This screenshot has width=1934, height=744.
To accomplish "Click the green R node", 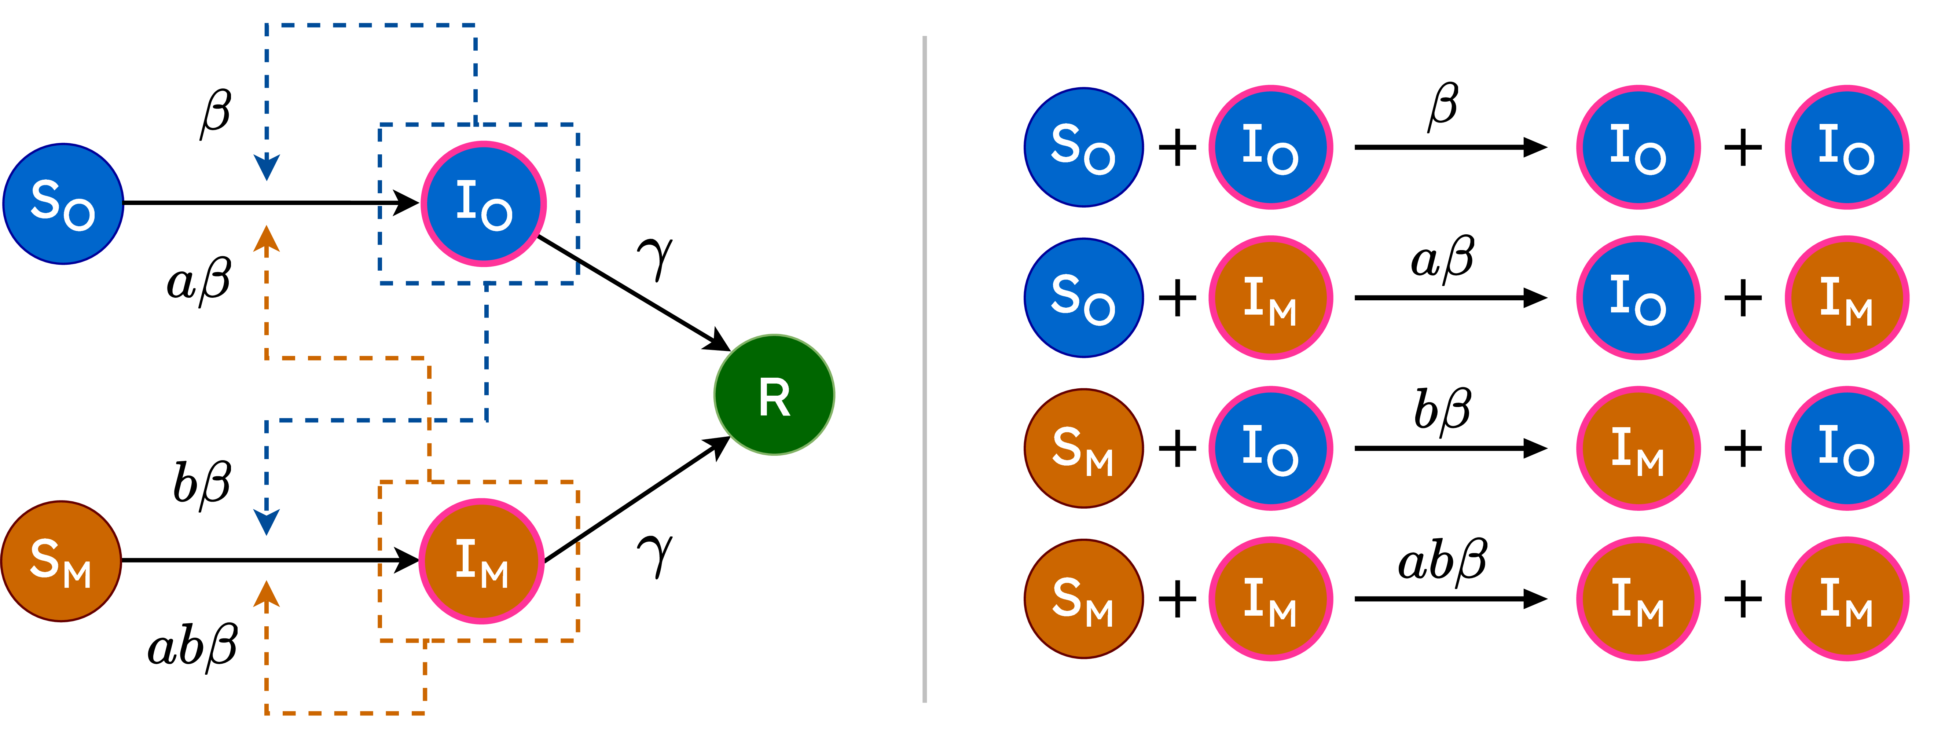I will [774, 395].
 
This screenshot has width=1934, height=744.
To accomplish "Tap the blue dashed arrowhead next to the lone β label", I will [267, 167].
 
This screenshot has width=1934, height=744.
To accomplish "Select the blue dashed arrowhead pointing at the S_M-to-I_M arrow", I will [267, 522].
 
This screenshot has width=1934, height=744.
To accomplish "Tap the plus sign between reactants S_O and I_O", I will [1177, 147].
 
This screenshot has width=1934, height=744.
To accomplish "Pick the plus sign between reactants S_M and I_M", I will [1177, 599].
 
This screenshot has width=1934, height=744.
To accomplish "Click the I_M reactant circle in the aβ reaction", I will [1270, 298].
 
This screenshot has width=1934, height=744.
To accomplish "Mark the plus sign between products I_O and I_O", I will [1743, 147].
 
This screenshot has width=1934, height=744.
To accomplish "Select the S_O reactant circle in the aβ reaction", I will [1083, 298].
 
